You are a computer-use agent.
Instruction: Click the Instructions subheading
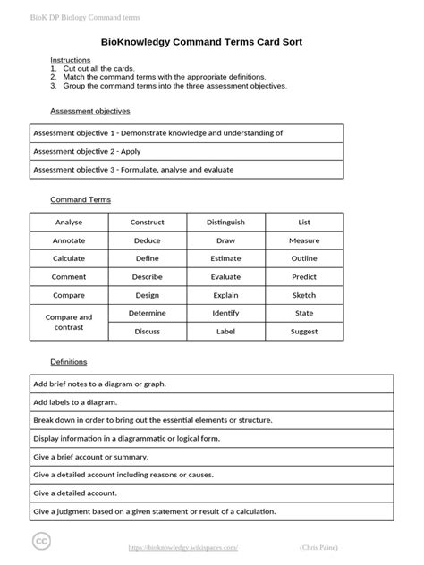click(x=71, y=60)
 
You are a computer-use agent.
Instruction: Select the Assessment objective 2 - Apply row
click(x=87, y=151)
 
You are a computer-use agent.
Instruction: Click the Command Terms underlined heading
click(x=80, y=200)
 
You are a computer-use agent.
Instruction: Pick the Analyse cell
click(x=69, y=222)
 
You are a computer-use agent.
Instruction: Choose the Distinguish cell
click(x=225, y=222)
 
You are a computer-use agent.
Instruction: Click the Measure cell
click(x=304, y=241)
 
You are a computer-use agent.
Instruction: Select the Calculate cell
click(x=69, y=258)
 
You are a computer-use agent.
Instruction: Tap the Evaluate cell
click(x=225, y=277)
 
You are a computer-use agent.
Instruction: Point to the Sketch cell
click(x=304, y=295)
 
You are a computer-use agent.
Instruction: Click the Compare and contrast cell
click(x=69, y=322)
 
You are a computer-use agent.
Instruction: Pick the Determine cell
click(x=147, y=313)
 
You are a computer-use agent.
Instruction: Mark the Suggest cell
click(x=304, y=331)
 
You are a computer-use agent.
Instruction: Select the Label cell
click(x=225, y=331)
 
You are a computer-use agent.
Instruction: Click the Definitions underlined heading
click(x=68, y=362)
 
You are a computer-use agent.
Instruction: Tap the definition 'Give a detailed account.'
click(x=88, y=493)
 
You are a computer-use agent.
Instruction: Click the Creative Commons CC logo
click(x=42, y=542)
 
